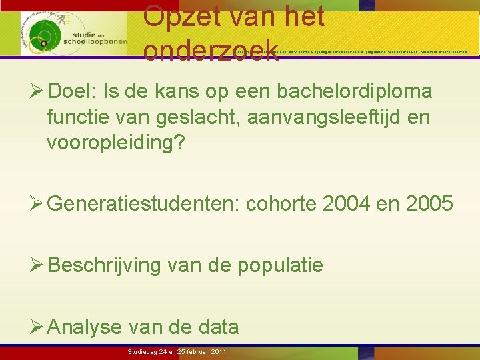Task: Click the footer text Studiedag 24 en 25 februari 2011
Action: (x=177, y=351)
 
